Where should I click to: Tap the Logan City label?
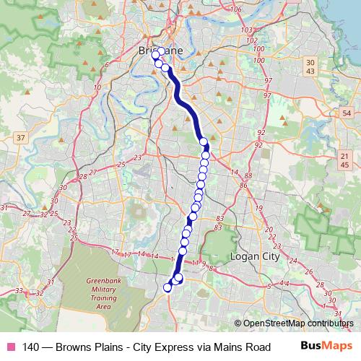coord(251,256)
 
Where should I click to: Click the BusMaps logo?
coord(322,347)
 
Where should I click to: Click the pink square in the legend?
coord(10,347)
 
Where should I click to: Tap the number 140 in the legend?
coord(32,347)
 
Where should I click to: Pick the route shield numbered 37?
coord(20,138)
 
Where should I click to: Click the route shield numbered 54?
coord(347,113)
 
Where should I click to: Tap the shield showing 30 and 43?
coord(310,66)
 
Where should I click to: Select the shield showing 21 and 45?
coord(346,161)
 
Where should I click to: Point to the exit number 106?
coord(238,9)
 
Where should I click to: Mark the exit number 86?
coord(243,186)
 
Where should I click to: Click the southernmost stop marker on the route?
coord(168,287)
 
